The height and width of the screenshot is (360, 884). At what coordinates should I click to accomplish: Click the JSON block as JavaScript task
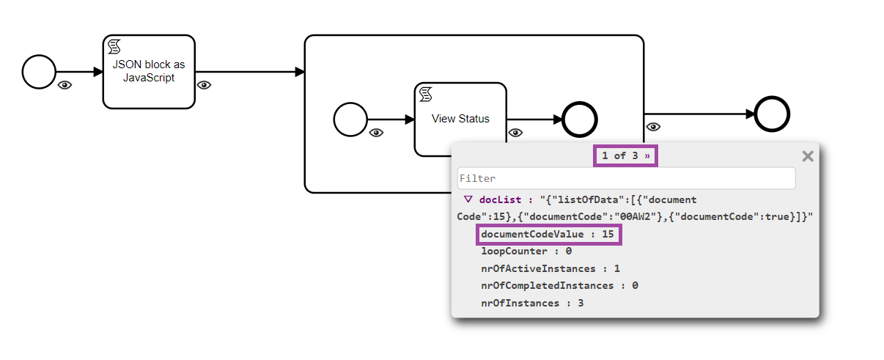(149, 71)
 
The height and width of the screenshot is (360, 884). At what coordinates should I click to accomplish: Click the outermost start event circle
(39, 72)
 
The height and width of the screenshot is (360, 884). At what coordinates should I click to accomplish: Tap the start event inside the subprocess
(350, 120)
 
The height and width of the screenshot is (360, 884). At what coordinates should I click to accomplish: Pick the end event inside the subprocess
(580, 120)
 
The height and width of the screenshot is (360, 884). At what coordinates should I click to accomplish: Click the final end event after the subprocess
(772, 114)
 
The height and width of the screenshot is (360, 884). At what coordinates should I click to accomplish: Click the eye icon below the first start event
(65, 86)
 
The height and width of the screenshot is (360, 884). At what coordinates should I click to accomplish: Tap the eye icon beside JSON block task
(204, 86)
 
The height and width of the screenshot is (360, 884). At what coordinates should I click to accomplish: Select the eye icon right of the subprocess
(653, 127)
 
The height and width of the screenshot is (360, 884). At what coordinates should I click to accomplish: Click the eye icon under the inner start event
(376, 133)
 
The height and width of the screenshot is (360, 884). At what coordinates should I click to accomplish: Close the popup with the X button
(808, 155)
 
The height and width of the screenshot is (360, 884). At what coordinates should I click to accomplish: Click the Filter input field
(626, 178)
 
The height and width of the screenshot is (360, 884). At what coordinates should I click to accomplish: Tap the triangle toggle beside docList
(468, 199)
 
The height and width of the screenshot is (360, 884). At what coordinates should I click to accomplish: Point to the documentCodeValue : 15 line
(548, 235)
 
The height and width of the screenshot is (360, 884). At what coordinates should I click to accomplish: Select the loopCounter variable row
(526, 251)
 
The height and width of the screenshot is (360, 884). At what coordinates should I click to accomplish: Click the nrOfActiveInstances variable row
(550, 268)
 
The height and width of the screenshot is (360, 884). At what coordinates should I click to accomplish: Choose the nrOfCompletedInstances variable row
(559, 285)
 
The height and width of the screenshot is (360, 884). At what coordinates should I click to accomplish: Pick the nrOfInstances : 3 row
(532, 303)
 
